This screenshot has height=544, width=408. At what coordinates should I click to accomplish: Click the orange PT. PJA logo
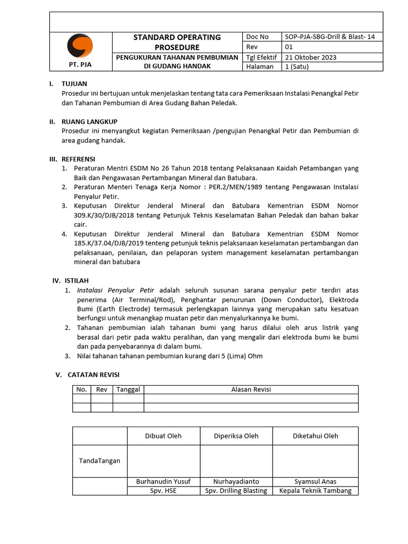click(x=80, y=46)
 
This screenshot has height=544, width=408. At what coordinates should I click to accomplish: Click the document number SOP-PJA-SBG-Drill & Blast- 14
click(x=330, y=37)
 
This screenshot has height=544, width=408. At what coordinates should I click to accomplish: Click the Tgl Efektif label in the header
click(x=262, y=57)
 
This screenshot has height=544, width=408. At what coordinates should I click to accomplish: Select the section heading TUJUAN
click(x=74, y=84)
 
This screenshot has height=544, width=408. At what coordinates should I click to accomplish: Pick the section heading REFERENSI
click(x=78, y=159)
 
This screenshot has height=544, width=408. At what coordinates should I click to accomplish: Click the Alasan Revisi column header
click(x=251, y=389)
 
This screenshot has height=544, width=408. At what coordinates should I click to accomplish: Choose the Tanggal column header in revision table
click(x=128, y=389)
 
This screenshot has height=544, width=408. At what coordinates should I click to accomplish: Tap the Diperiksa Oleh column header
click(x=236, y=436)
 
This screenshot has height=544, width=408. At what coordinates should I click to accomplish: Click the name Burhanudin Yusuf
click(x=163, y=481)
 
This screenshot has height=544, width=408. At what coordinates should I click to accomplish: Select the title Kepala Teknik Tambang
click(x=315, y=490)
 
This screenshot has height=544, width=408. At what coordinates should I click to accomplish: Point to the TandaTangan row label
click(x=99, y=461)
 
